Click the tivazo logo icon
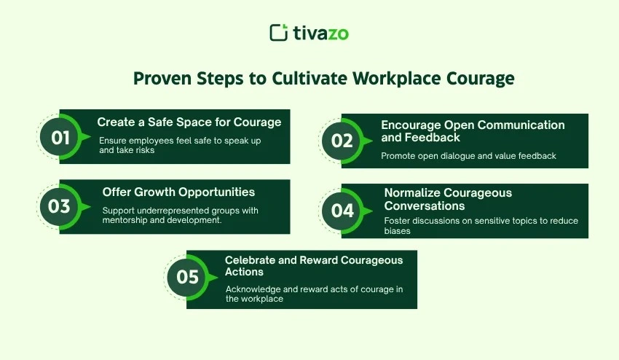coord(279,32)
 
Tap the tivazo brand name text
coord(321,33)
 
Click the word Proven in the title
coord(162,79)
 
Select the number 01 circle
coord(60,138)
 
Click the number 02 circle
coord(342,141)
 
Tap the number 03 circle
coord(60,207)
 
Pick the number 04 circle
coord(342,211)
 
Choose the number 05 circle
coord(187,277)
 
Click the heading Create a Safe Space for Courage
coord(189,122)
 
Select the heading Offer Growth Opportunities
coord(178,192)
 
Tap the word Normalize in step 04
coord(414,193)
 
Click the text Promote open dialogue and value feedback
coord(468,156)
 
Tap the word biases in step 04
coord(397,231)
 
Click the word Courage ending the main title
coord(481,79)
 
